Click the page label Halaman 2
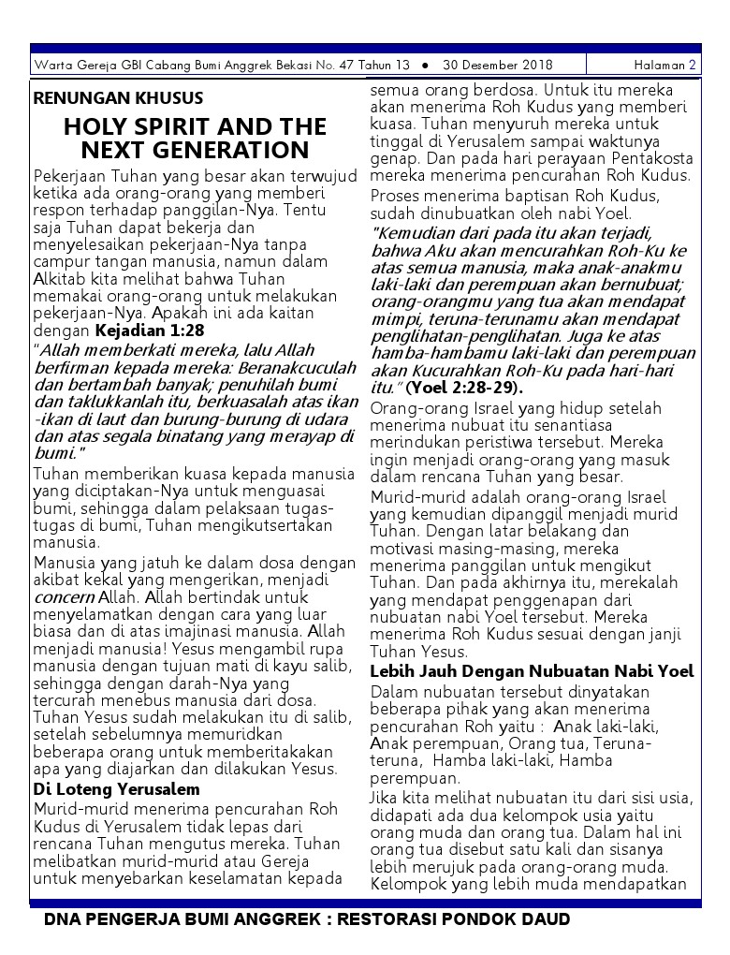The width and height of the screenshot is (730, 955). [664, 66]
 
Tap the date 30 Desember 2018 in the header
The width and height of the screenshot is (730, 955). [498, 66]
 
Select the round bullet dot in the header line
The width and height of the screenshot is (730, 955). [426, 66]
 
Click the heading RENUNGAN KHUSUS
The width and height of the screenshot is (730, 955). [118, 98]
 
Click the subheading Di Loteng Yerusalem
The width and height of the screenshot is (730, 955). [117, 789]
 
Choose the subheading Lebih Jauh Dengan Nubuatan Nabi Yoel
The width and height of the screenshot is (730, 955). [532, 671]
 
